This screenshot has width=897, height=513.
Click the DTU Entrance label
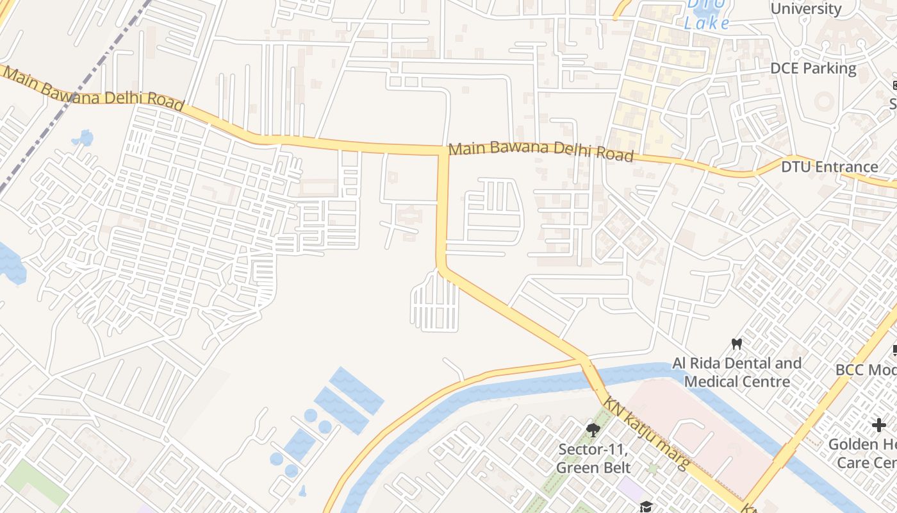(829, 167)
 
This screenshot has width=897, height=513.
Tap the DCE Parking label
(812, 68)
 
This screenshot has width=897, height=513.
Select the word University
(805, 9)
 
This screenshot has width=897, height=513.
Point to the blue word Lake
(707, 24)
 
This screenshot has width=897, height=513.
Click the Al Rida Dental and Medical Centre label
(737, 373)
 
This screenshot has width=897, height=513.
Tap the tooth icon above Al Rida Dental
(737, 344)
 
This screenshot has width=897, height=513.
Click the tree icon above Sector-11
(593, 430)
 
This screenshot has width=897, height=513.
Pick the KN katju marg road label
(646, 432)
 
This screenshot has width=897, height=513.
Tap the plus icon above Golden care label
(878, 425)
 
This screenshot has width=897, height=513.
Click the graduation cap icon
(645, 507)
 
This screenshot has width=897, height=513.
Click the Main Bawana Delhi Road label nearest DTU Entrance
(541, 152)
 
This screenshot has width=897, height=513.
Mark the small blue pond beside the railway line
(83, 138)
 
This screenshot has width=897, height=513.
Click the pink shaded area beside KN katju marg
(705, 436)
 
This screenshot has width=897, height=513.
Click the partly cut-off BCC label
(865, 370)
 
